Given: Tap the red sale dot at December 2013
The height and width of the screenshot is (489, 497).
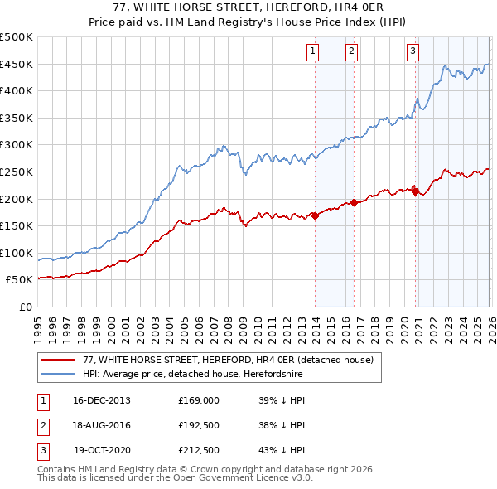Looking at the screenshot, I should tap(315, 215).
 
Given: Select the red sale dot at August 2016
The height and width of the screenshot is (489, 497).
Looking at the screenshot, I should tap(354, 202).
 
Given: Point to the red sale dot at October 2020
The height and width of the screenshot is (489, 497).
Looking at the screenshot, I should tap(414, 191).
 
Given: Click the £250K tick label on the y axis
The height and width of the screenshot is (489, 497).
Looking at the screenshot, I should tap(17, 172).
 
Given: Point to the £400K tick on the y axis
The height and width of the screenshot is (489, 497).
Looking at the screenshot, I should tap(17, 91).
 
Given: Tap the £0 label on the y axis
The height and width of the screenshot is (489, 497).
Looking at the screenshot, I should tap(25, 307).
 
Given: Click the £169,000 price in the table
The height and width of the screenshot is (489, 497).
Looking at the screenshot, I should tap(199, 399).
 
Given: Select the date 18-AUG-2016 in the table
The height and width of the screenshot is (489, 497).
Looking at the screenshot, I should tap(102, 425).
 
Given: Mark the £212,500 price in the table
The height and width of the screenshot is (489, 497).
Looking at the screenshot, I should tap(199, 451).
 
